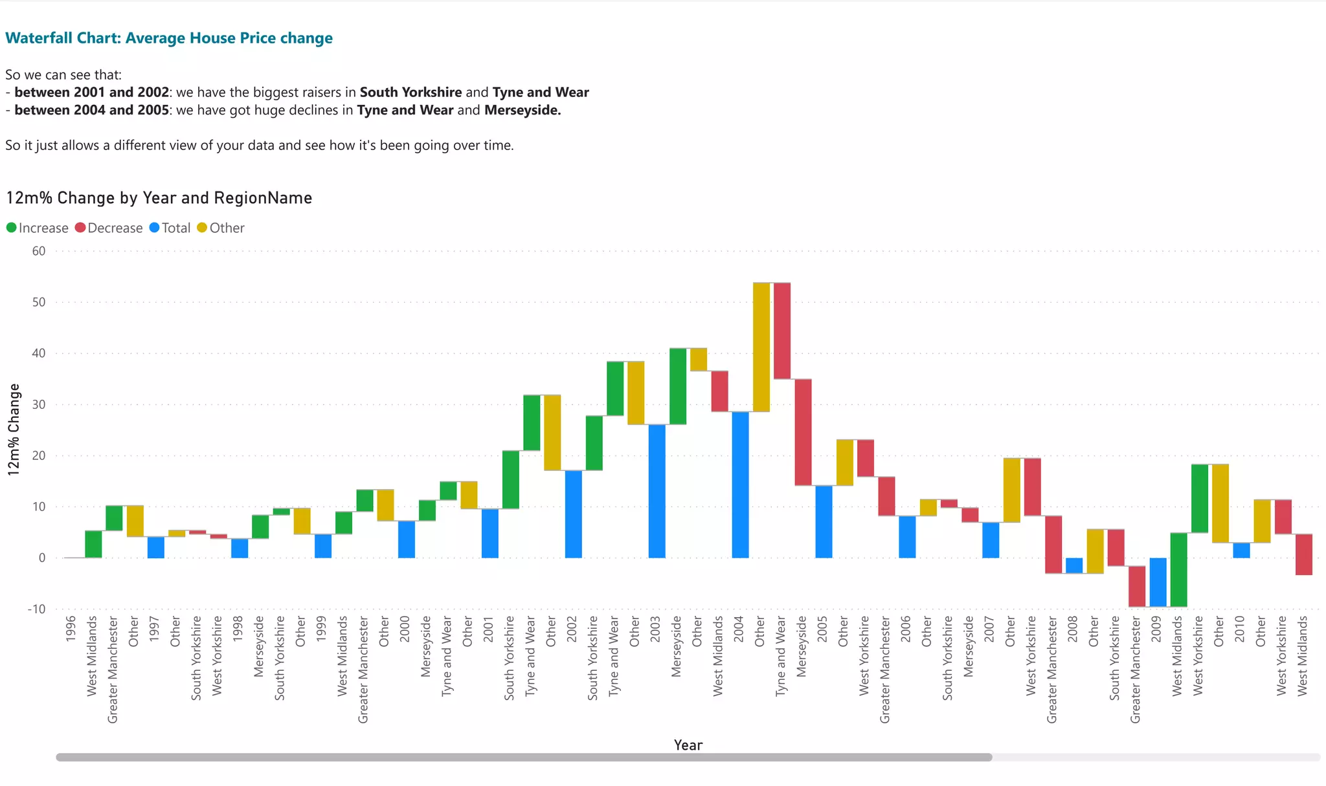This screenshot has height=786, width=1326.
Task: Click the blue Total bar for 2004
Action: coord(740,485)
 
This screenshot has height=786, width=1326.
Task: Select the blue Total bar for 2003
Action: coord(657,491)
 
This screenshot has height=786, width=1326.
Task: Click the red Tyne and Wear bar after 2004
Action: coord(782,331)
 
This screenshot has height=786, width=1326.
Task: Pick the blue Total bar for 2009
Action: coord(1158,582)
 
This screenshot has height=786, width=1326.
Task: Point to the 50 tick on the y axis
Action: coord(39,302)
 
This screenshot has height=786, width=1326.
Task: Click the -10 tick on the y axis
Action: coord(36,609)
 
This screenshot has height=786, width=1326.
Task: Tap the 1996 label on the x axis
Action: coord(71,628)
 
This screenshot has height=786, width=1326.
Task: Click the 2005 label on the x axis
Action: coord(822,628)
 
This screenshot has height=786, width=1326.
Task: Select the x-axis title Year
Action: coord(688,745)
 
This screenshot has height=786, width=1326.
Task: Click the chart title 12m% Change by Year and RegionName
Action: coord(159,198)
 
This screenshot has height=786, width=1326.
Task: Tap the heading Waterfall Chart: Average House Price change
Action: coord(169,38)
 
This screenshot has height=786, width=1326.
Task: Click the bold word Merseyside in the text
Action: coord(522,110)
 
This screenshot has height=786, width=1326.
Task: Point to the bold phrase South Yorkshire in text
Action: coord(410,93)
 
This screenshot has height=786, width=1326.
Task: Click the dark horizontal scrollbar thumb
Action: coord(524,757)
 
